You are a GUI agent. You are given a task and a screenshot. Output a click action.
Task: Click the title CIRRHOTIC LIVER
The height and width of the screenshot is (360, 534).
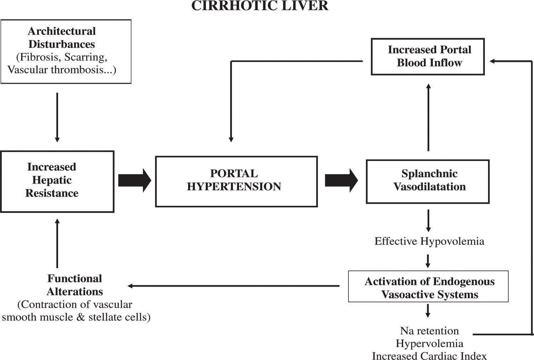260,6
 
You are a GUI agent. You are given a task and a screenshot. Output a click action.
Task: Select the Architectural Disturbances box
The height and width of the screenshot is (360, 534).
66,51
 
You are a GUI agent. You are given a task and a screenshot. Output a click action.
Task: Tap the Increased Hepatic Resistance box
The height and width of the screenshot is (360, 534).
57,181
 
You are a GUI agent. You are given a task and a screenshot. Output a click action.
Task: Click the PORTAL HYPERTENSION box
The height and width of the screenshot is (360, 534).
236,181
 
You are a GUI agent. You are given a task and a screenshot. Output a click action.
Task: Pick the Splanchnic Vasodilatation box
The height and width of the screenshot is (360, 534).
427,181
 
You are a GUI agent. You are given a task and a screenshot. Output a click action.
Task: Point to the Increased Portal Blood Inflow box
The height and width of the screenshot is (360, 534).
427,57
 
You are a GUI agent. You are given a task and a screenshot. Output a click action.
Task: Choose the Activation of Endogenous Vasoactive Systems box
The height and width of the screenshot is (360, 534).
428,286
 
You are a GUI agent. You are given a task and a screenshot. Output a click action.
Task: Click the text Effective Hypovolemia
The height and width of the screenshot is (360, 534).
429,241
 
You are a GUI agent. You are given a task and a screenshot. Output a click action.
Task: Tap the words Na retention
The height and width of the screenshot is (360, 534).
429,331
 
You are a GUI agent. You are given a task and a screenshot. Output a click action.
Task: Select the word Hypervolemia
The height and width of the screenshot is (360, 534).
429,344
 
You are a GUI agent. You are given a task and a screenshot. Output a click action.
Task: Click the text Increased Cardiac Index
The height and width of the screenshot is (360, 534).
429,356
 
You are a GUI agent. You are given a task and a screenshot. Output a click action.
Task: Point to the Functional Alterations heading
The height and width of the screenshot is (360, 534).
74,285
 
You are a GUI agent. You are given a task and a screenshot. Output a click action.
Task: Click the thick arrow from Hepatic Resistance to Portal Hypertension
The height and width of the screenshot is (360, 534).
134,180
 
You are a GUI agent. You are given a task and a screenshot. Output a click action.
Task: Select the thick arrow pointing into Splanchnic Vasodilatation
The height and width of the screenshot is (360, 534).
341,180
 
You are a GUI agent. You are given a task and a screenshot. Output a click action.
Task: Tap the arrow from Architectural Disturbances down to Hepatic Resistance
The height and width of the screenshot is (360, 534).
57,118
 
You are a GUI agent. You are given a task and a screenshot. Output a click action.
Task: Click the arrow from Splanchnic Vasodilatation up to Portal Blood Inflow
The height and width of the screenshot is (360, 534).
428,118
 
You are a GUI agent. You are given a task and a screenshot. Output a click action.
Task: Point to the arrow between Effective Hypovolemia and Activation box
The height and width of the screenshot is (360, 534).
428,261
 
